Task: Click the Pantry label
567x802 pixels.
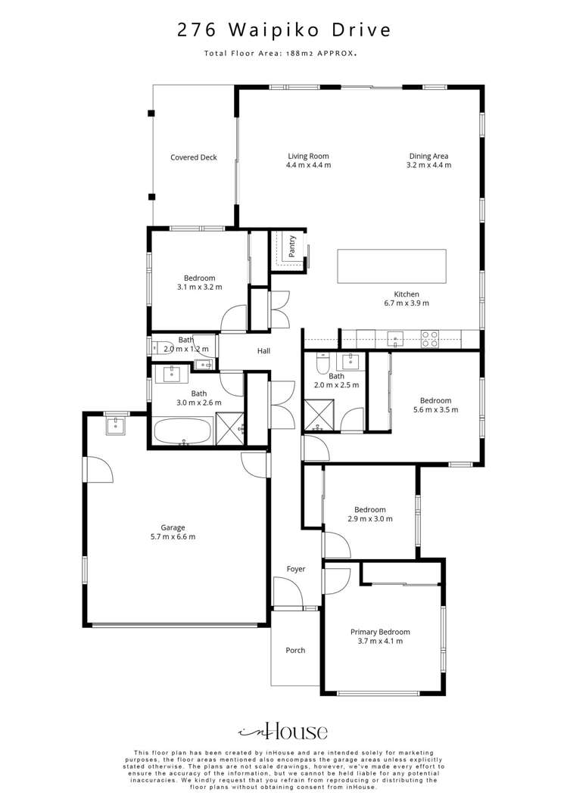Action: tap(292, 245)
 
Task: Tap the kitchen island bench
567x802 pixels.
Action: tap(391, 266)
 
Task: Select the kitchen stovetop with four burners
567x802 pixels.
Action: tap(429, 339)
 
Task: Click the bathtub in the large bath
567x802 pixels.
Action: tap(183, 431)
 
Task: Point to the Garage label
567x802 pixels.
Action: tap(173, 527)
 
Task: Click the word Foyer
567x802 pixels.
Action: tap(296, 569)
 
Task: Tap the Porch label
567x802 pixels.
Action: tap(295, 650)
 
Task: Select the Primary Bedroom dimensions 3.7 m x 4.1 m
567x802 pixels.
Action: tap(380, 641)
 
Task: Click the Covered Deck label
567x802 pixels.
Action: tap(194, 157)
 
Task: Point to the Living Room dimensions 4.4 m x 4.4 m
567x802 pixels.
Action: tap(309, 165)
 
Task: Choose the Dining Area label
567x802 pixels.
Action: tap(428, 156)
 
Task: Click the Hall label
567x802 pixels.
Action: tap(263, 351)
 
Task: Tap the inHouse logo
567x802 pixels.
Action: tap(283, 732)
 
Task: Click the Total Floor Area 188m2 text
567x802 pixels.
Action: tap(280, 53)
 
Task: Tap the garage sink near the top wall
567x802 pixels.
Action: tap(116, 425)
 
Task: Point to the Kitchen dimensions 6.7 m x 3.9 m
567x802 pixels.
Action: tap(407, 303)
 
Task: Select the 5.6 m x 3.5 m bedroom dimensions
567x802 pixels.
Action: tap(435, 409)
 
